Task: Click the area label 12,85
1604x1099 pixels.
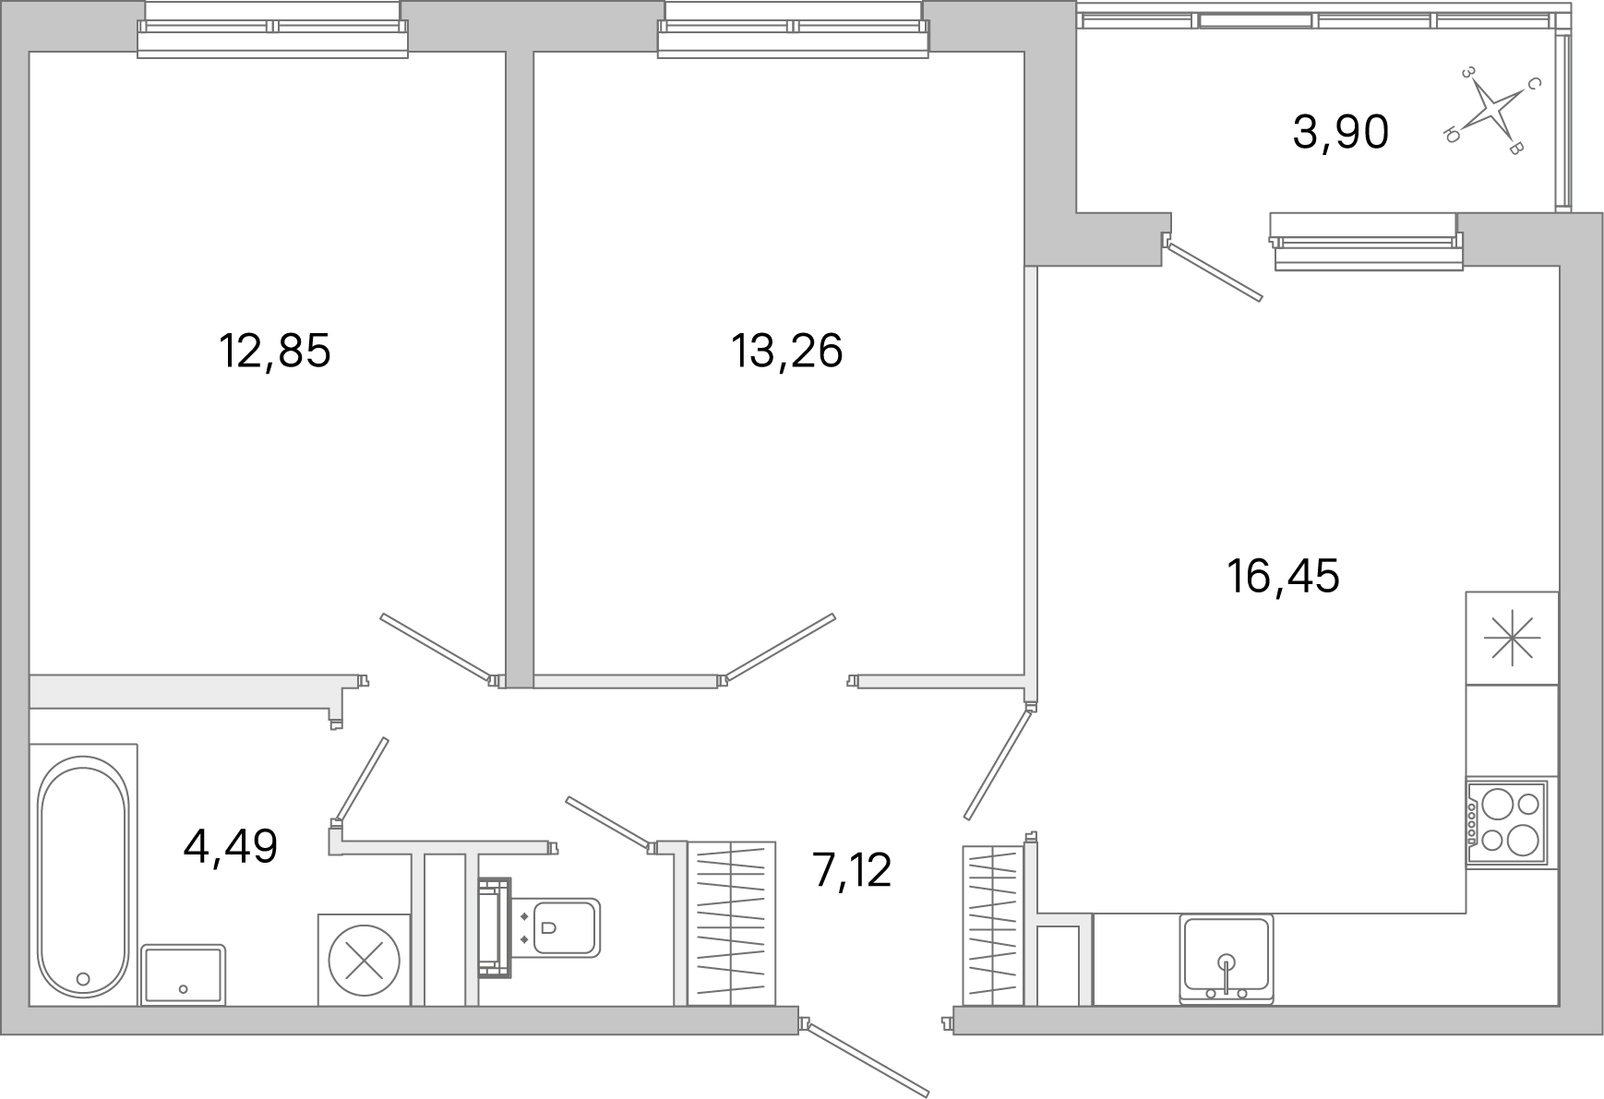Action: tap(274, 352)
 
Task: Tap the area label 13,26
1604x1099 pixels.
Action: tap(786, 352)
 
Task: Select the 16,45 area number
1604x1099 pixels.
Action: tap(1283, 577)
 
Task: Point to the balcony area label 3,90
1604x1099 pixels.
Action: tap(1340, 133)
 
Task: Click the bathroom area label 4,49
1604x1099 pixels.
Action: tap(231, 847)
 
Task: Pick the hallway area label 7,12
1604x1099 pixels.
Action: tap(852, 870)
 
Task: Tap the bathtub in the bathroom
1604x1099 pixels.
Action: tap(83, 878)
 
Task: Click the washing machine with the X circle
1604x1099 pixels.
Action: tap(365, 959)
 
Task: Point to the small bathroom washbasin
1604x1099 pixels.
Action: tap(184, 974)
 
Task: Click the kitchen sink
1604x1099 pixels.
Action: tap(1227, 960)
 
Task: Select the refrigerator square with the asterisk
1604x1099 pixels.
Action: tap(1512, 639)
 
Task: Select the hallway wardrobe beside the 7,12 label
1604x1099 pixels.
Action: tap(731, 923)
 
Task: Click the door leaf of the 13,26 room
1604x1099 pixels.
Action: tap(780, 648)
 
